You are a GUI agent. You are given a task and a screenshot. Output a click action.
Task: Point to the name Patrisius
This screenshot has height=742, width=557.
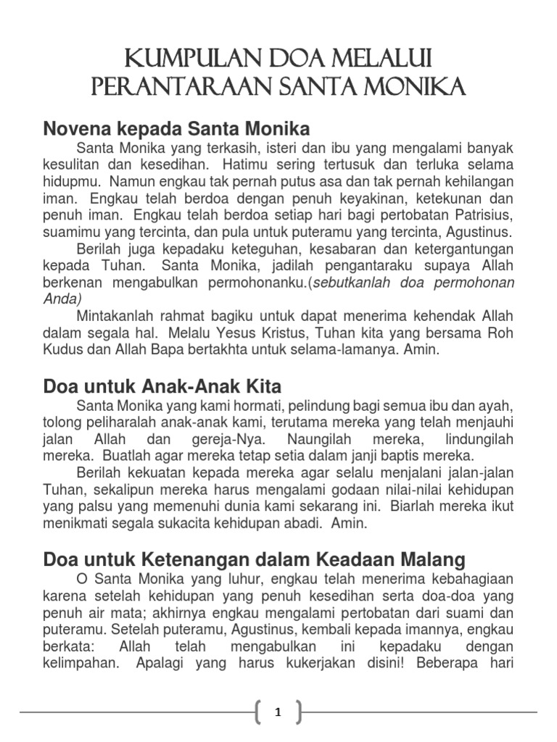(x=481, y=216)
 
